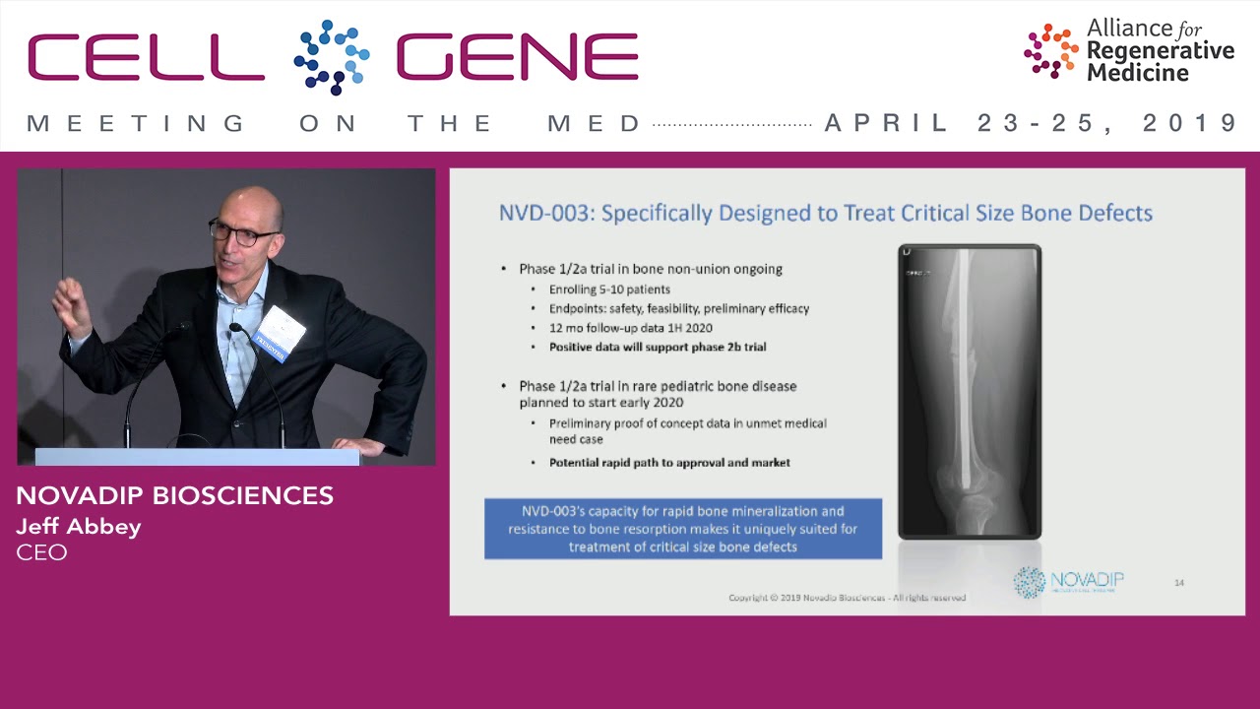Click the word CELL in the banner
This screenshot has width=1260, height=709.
point(146,57)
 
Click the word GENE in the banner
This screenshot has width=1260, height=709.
point(518,57)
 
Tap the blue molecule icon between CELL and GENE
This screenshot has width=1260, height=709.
point(331,57)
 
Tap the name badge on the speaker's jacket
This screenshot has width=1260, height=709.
point(280,333)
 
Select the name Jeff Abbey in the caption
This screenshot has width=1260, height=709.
point(79,526)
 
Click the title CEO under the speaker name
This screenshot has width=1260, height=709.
point(41,551)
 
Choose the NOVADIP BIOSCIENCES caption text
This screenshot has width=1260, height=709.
point(174,495)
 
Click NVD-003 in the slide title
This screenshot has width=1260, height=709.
point(542,213)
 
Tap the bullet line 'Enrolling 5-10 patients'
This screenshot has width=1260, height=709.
point(609,290)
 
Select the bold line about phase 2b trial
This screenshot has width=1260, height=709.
point(657,347)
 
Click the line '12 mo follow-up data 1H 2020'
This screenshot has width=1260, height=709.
point(630,328)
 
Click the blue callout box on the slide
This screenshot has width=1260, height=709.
point(682,529)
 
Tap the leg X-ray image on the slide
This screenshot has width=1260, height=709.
point(969,391)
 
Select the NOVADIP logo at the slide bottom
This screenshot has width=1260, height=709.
point(1068,581)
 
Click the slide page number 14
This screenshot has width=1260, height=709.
point(1178,583)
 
